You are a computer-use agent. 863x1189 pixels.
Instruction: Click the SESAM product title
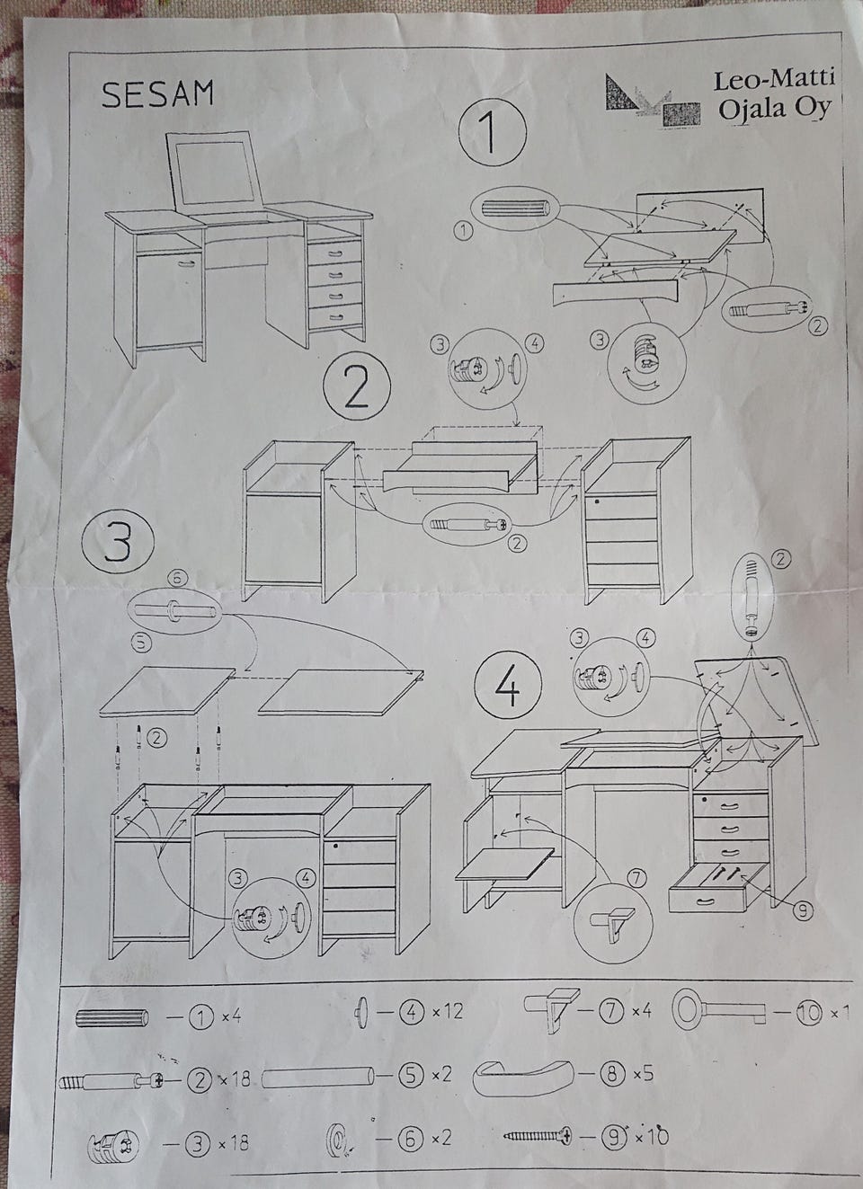point(157,94)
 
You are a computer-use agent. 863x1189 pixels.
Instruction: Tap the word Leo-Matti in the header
point(774,79)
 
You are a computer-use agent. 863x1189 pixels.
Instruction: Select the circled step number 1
point(492,130)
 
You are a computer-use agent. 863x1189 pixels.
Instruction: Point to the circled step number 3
point(118,542)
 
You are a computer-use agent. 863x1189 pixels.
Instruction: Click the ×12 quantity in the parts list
point(449,1011)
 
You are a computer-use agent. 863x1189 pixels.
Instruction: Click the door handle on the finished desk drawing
point(186,263)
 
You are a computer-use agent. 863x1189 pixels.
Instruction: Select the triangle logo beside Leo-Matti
point(621,92)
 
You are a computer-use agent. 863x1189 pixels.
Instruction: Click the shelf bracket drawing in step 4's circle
point(614,925)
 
